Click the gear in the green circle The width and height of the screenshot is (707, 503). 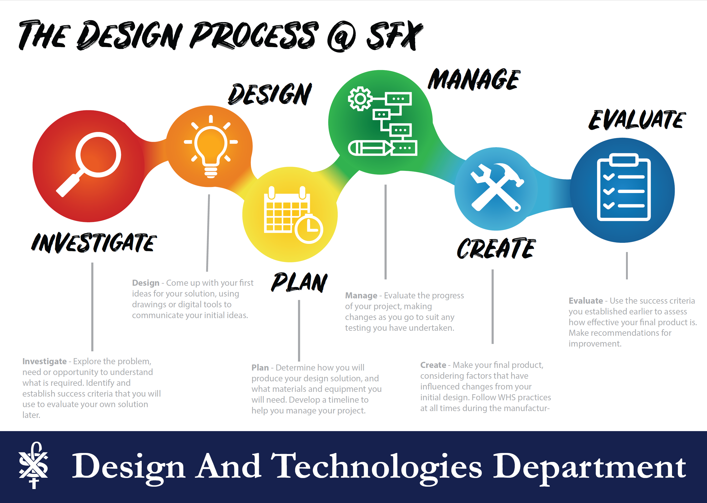point(360,99)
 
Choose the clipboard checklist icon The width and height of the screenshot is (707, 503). point(624,187)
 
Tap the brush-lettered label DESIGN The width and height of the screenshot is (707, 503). point(270,94)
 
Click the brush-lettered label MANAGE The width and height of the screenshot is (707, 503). point(474,79)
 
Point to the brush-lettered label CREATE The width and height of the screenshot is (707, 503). point(496,248)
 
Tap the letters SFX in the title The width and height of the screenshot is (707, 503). point(395,35)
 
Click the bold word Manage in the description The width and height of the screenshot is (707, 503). point(361,295)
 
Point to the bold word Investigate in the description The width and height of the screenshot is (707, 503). point(44,362)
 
